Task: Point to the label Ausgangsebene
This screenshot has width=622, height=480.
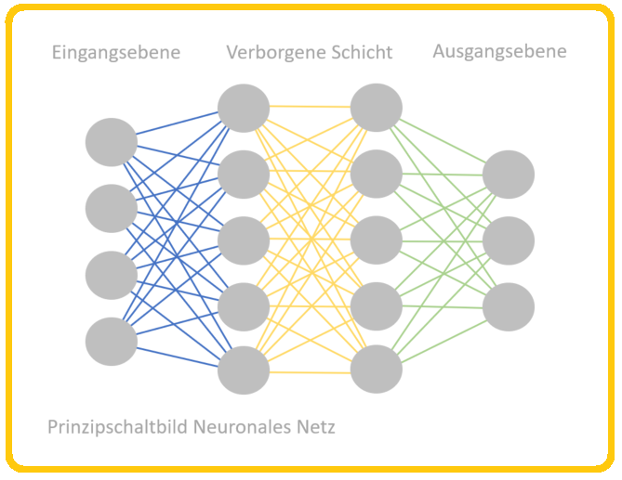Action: coord(499,52)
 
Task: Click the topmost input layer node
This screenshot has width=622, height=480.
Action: coord(112,142)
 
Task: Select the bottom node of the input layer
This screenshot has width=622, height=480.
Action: coord(112,342)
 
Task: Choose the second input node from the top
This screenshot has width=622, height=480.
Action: coord(112,208)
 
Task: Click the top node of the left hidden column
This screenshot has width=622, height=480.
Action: coord(244,108)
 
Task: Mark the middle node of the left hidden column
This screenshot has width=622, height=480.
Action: coord(244,239)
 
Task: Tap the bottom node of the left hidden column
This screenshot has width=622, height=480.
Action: coord(244,370)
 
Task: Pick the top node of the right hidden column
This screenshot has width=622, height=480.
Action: coord(377,108)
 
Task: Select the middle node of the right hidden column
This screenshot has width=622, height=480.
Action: coord(377,239)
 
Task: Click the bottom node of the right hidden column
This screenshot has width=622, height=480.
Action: coord(377,369)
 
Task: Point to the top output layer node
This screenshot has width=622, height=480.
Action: coord(509,174)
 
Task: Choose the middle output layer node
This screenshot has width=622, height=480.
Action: coord(509,240)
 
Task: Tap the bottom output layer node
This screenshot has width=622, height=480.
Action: coord(509,306)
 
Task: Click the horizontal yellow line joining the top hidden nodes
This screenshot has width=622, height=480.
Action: coord(310,107)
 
